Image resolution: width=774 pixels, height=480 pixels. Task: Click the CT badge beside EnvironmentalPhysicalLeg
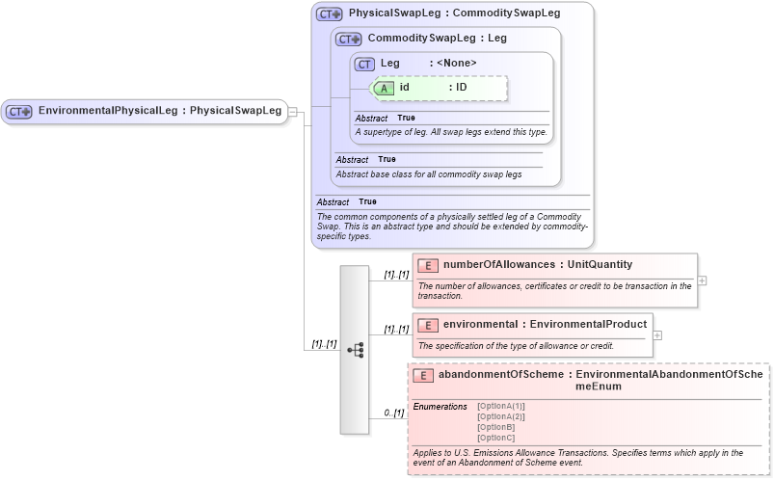[x=19, y=111]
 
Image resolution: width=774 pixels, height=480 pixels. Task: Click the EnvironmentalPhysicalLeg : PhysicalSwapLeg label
[x=159, y=111]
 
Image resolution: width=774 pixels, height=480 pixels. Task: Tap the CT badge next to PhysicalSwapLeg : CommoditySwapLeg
[x=330, y=14]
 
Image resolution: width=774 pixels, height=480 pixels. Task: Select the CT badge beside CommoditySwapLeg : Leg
[x=348, y=40]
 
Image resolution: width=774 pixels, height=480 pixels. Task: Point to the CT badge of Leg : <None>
[x=364, y=64]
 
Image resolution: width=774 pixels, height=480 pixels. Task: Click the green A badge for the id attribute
[x=383, y=88]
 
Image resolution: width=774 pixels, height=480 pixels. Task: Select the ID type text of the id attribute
[x=462, y=88]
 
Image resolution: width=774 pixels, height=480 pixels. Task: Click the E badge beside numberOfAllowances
[x=428, y=265]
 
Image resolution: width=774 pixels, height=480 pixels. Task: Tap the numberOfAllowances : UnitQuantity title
[x=538, y=264]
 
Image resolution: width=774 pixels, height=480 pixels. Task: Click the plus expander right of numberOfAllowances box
[x=702, y=280]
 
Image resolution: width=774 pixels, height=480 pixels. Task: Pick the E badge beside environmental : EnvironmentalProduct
[x=428, y=325]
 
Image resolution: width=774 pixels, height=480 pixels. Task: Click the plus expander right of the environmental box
[x=657, y=335]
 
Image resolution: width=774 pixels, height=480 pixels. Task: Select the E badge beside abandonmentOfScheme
[x=422, y=376]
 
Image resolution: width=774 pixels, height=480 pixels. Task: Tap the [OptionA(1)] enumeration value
[x=501, y=406]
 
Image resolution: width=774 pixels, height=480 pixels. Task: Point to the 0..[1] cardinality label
[x=393, y=413]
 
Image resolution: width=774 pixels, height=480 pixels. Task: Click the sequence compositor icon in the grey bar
[x=355, y=350]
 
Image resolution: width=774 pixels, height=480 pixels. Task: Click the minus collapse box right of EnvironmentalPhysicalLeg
[x=292, y=111]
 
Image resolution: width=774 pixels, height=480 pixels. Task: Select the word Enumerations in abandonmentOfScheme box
[x=440, y=407]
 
